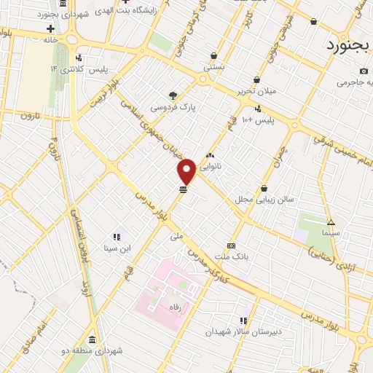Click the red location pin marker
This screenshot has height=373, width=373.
click(186, 170)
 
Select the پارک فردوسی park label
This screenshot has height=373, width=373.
click(169, 107)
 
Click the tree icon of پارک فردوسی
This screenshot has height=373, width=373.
click(173, 95)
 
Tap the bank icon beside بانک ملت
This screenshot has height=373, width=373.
click(232, 246)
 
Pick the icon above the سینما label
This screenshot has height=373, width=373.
click(331, 222)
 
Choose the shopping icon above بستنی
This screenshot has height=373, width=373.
click(213, 55)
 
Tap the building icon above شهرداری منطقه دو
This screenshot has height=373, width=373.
click(92, 340)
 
